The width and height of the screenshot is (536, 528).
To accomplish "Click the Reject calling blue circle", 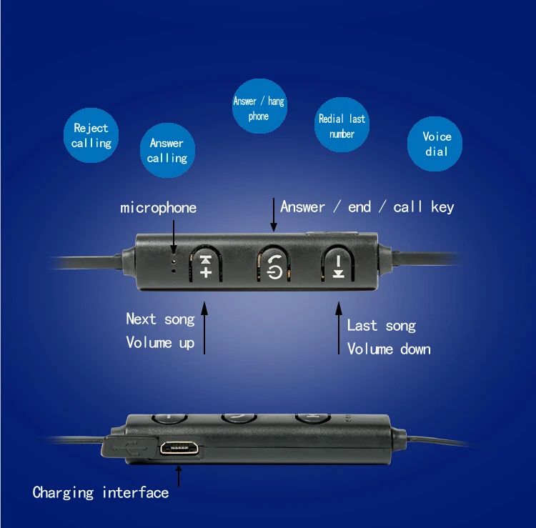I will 91,136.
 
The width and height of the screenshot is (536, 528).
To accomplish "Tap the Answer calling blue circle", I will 167,150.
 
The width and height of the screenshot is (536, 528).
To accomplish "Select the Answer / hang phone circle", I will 258,108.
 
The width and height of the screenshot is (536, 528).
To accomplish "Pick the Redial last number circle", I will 342,126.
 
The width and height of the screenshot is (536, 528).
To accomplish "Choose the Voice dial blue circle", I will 436,144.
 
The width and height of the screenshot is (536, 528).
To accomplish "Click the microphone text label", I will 158,208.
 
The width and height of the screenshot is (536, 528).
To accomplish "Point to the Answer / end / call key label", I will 367,207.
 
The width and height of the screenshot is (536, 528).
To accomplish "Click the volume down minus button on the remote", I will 337,265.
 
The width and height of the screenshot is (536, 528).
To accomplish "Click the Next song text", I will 160,319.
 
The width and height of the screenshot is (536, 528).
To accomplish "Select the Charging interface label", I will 101,492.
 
